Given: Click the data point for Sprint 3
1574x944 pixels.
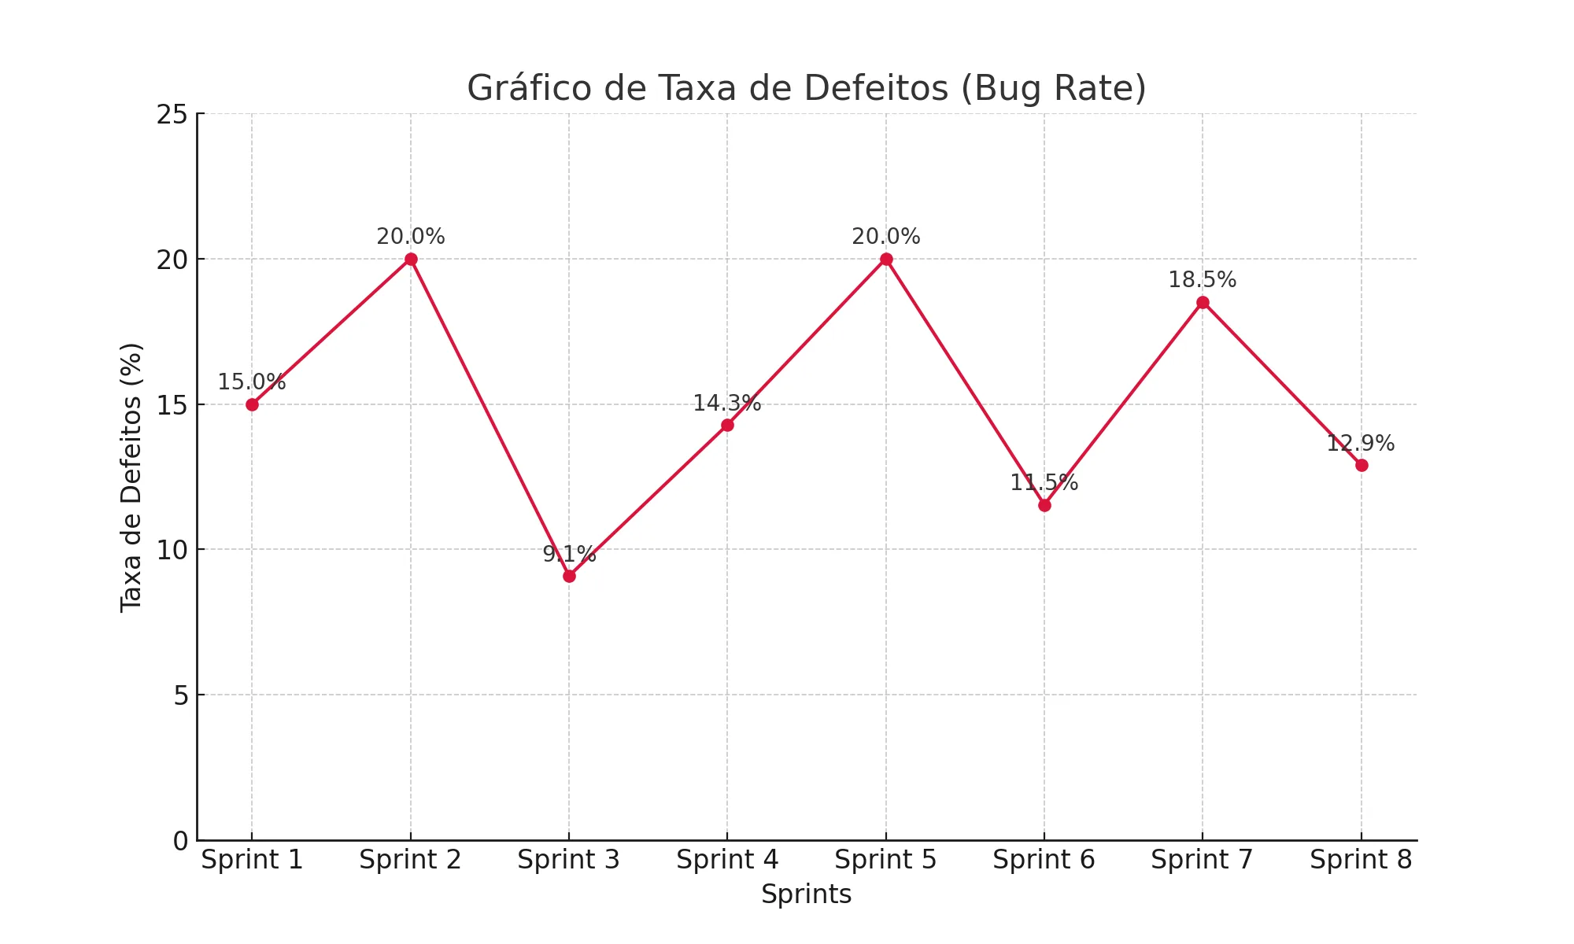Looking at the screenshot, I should (x=569, y=576).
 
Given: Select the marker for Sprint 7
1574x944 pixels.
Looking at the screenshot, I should (x=1203, y=303).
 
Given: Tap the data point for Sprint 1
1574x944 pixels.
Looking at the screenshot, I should (x=252, y=404).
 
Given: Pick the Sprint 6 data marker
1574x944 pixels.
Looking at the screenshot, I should (x=1044, y=505).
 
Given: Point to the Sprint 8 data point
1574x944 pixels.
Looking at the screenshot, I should (x=1362, y=465).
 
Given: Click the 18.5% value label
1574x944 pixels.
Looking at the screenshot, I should (x=1202, y=280).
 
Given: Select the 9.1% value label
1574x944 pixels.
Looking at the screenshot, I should (x=569, y=555).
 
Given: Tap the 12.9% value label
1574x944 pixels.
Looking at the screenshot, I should (x=1360, y=444).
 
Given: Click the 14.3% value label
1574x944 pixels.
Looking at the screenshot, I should (x=726, y=404).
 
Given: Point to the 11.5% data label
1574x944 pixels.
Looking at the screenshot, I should (x=1044, y=483).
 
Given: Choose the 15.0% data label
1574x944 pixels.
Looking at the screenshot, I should (x=251, y=382).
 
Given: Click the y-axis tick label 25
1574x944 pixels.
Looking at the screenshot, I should (x=172, y=115).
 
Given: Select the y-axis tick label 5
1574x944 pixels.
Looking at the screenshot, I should (x=181, y=695).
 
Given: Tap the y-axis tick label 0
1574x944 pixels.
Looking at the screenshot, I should (x=181, y=841).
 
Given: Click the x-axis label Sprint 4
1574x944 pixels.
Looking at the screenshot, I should (x=727, y=860).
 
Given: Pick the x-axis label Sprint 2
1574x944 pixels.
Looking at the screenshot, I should (x=410, y=860).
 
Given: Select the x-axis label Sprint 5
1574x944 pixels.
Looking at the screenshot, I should (x=885, y=860).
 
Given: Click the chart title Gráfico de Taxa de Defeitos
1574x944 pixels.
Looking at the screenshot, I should (x=806, y=88).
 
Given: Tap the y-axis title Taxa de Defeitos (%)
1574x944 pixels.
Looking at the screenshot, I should (x=131, y=478).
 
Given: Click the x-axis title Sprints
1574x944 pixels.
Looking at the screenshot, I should (x=806, y=894).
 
